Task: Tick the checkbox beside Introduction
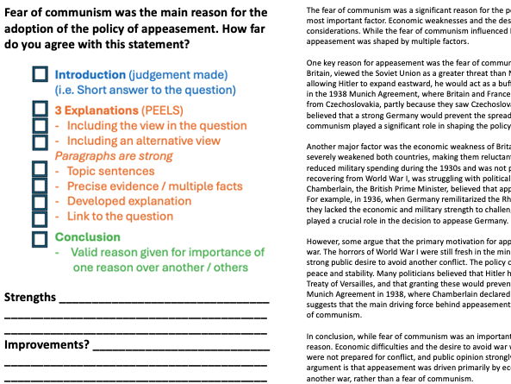coord(40,75)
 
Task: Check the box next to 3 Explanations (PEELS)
coord(40,110)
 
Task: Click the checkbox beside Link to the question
coord(40,217)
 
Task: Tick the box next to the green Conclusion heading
coord(40,237)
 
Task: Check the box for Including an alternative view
coord(40,141)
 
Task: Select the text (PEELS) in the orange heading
coord(159,110)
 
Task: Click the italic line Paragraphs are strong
coord(103,156)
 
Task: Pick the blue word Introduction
coord(92,75)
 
